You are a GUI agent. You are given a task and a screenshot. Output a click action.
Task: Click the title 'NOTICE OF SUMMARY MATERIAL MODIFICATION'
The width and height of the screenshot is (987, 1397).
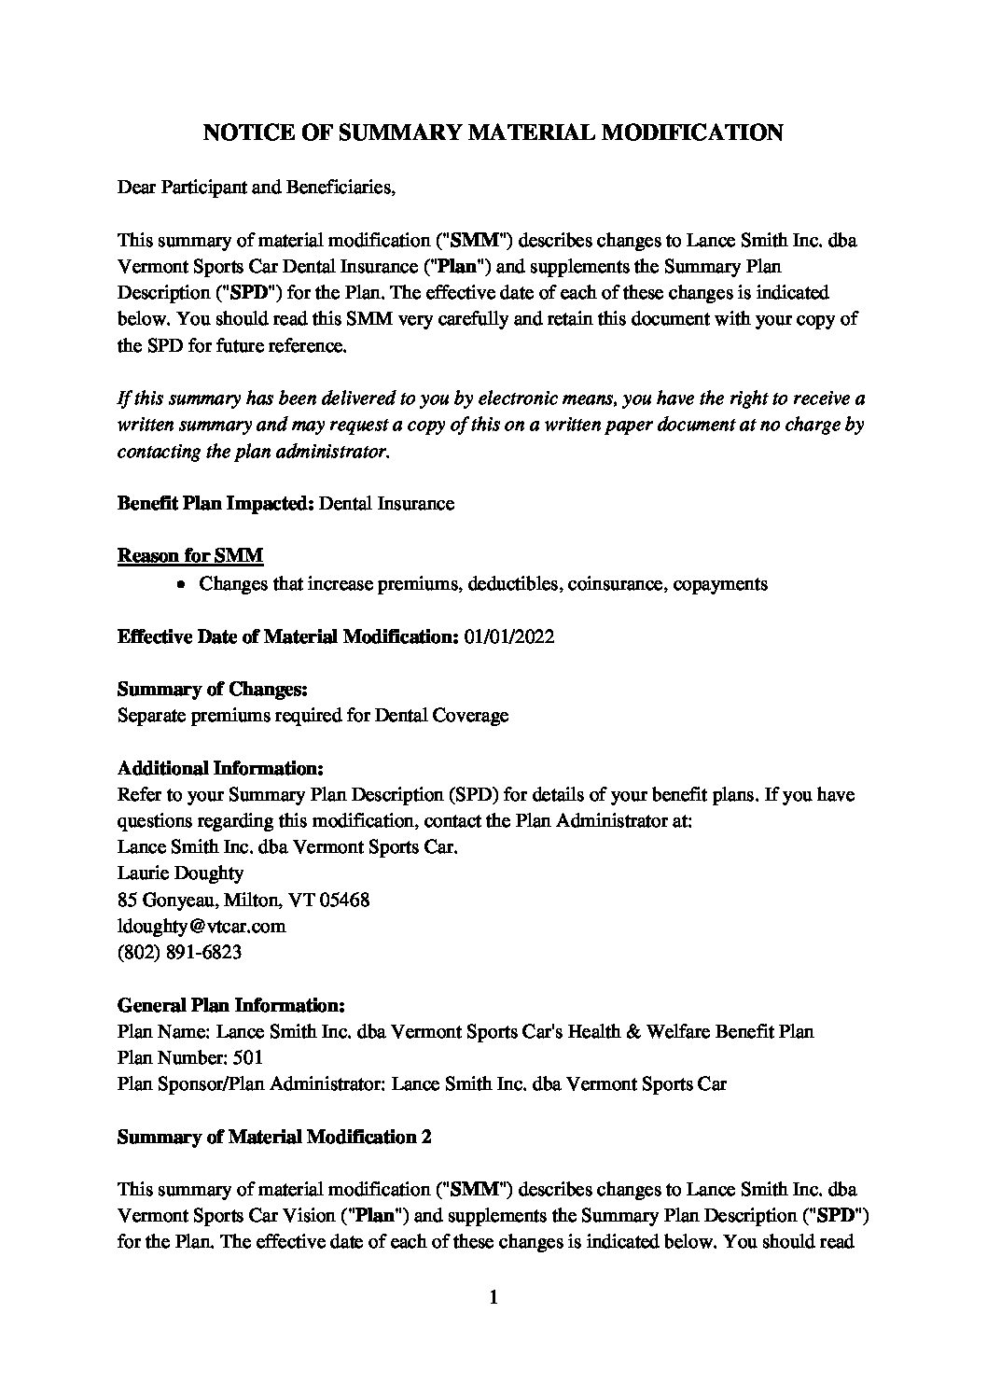click(493, 133)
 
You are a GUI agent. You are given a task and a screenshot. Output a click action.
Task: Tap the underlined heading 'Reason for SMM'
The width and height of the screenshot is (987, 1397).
click(190, 556)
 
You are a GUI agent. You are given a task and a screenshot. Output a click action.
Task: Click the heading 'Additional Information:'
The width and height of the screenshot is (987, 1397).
click(220, 769)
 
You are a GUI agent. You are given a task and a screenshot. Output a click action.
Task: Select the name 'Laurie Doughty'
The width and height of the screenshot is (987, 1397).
click(180, 873)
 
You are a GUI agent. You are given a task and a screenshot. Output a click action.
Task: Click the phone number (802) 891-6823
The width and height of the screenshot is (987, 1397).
click(181, 952)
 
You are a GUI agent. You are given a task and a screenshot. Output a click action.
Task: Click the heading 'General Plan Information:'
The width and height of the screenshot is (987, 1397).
click(231, 1006)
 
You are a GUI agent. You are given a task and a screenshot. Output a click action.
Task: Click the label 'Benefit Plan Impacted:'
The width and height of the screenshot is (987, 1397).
click(215, 504)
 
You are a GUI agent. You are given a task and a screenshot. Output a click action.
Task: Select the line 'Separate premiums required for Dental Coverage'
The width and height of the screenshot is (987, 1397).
click(313, 716)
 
